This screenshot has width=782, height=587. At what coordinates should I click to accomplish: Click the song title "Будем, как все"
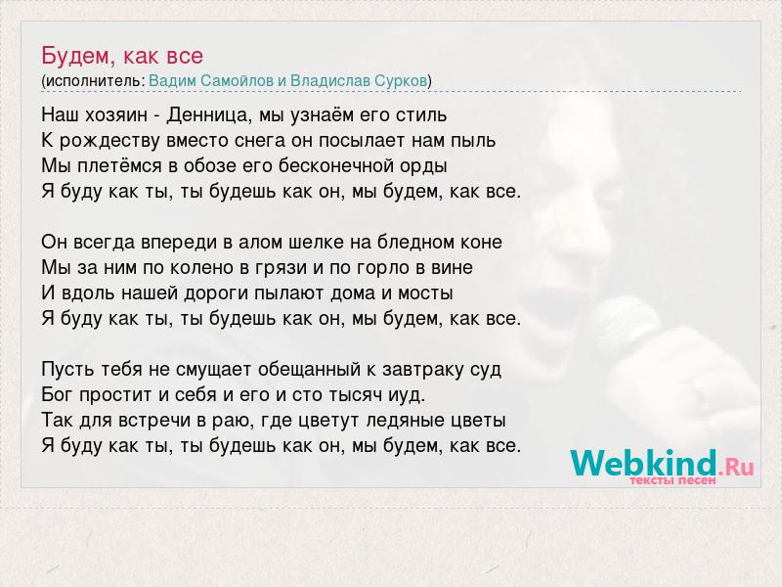tap(122, 56)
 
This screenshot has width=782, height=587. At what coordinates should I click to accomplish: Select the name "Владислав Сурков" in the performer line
tap(359, 80)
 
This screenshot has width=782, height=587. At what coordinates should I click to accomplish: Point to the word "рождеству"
tap(109, 141)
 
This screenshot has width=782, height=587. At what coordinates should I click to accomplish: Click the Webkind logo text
tap(643, 463)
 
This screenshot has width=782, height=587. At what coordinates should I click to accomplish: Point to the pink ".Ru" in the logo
tap(736, 468)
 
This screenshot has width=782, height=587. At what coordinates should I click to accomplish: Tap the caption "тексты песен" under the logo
tap(672, 480)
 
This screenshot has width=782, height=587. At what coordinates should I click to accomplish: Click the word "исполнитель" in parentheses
tap(94, 81)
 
